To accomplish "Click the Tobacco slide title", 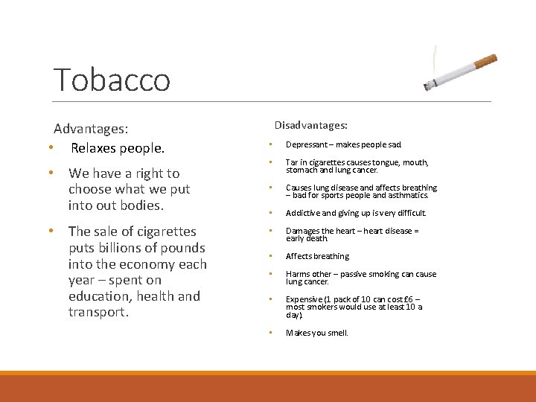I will pos(112,80).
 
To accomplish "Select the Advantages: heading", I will pos(91,129).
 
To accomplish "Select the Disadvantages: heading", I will pos(310,125).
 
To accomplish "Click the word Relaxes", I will pos(95,148).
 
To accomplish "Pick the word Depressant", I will pos(305,145).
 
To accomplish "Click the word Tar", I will pos(291,162).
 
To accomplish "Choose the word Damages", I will pos(303,231).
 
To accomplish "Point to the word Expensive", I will pos(305,299).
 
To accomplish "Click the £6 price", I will pos(409,299).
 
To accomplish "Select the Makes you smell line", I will pos(316,333).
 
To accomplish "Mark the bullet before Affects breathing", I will pos(271,256).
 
